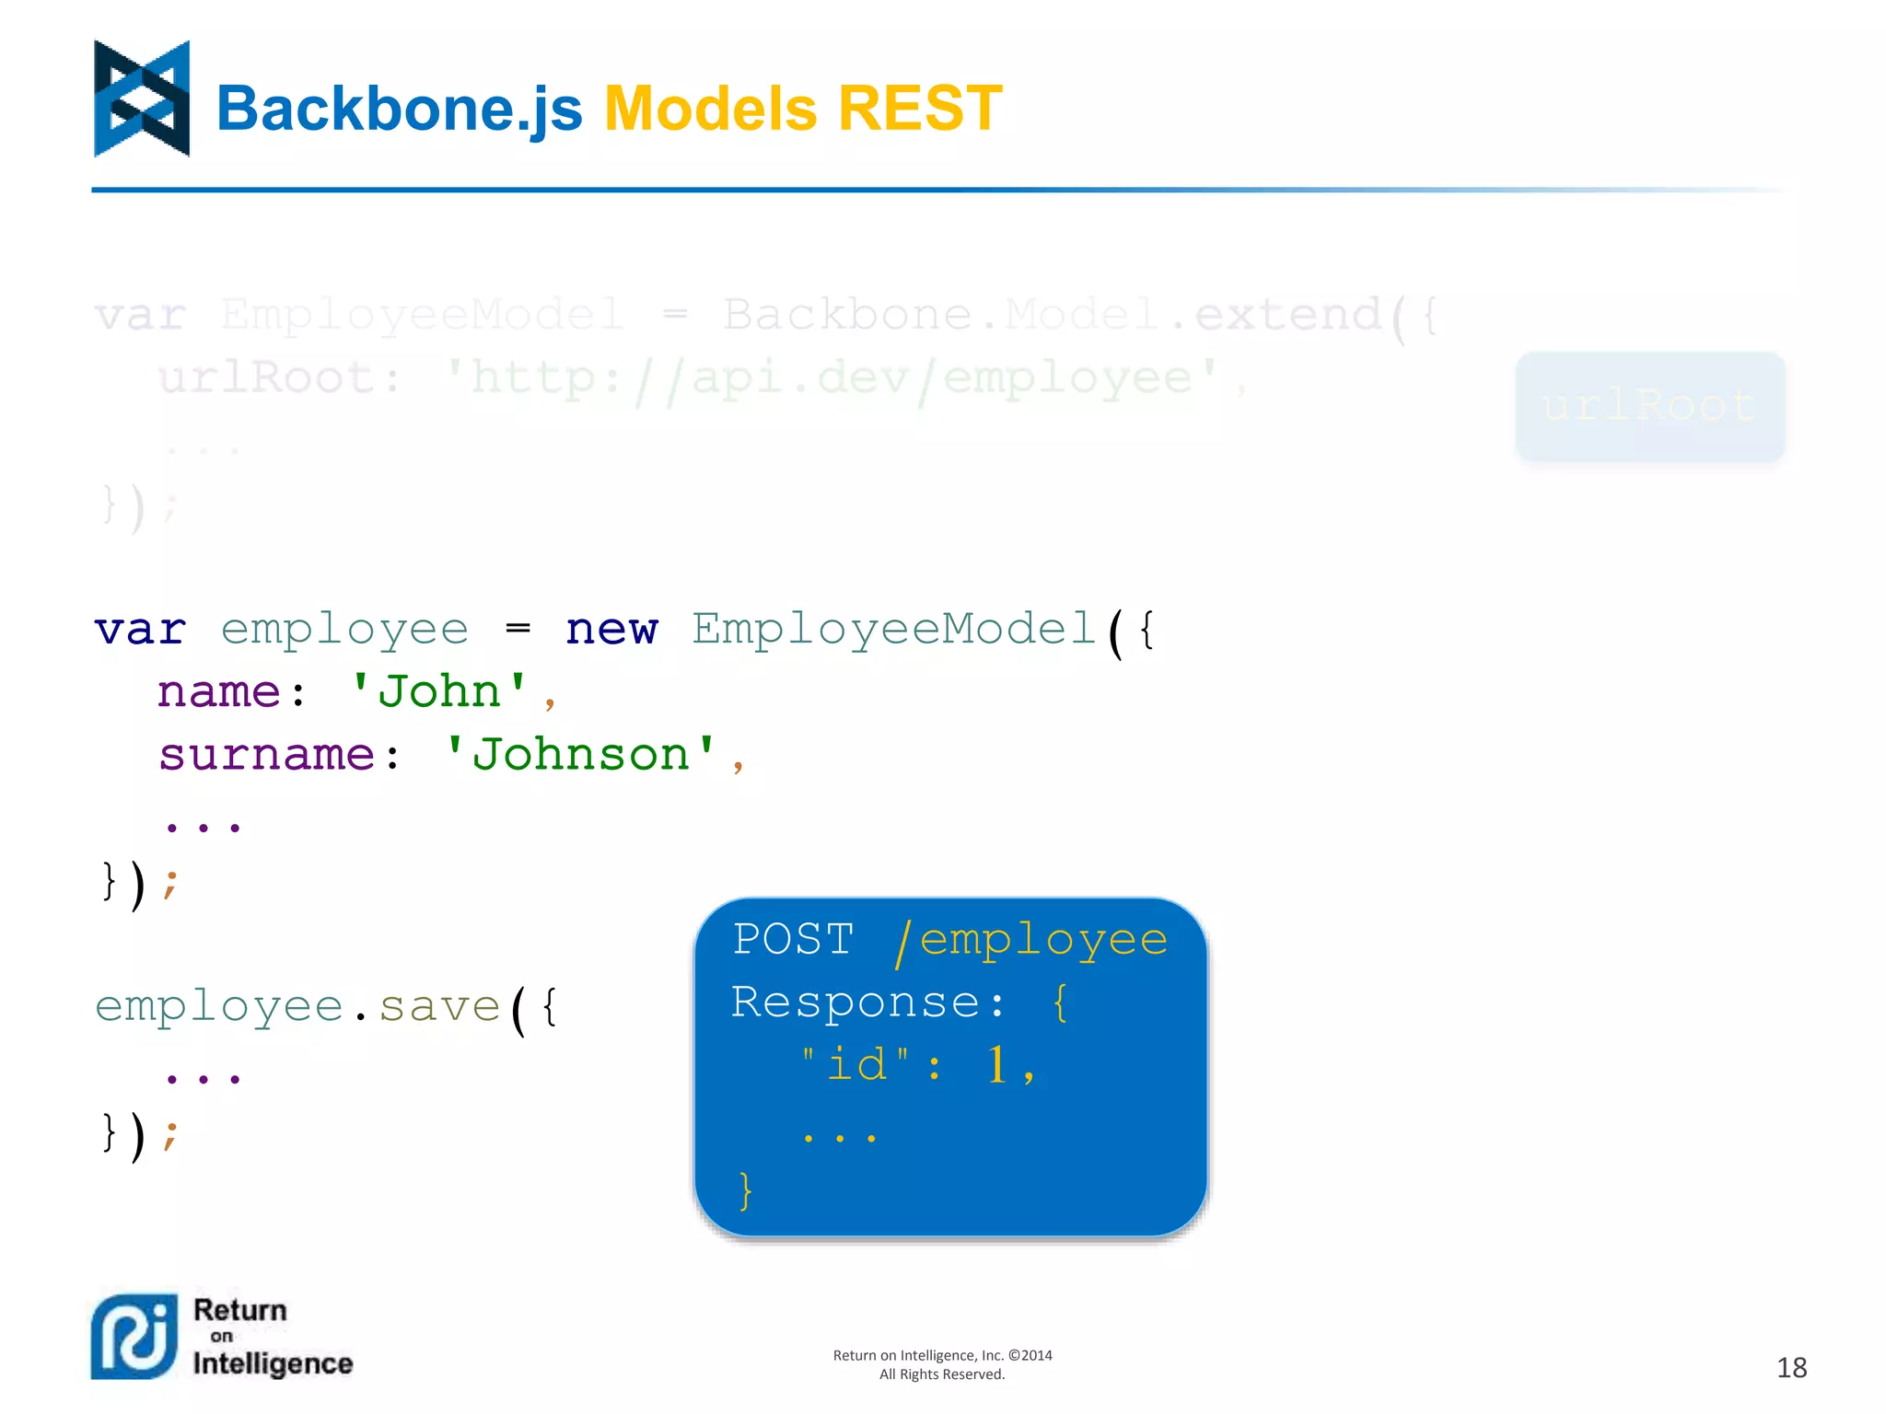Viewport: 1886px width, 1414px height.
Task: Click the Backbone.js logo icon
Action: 142,99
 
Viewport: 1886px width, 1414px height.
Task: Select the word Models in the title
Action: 710,109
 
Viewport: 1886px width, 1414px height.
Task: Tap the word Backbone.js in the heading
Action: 399,109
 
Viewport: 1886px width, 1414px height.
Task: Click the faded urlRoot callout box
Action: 1649,406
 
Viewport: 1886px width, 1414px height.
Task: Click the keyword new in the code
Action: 611,631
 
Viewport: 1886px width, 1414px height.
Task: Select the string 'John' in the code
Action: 439,692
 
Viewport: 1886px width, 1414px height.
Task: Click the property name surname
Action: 266,755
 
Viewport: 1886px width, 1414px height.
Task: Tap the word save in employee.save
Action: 439,1006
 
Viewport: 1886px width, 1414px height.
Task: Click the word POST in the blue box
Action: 793,940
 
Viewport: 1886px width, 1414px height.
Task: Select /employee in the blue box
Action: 1031,940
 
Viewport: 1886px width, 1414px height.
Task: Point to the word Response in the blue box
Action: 856,1003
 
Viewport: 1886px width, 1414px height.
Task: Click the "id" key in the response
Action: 856,1065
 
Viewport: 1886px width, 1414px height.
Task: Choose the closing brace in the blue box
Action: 746,1190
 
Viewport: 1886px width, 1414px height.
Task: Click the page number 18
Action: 1791,1368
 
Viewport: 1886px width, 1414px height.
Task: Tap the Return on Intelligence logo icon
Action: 134,1337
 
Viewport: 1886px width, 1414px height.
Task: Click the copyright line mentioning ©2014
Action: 942,1355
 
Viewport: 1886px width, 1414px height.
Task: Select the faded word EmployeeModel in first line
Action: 423,315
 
